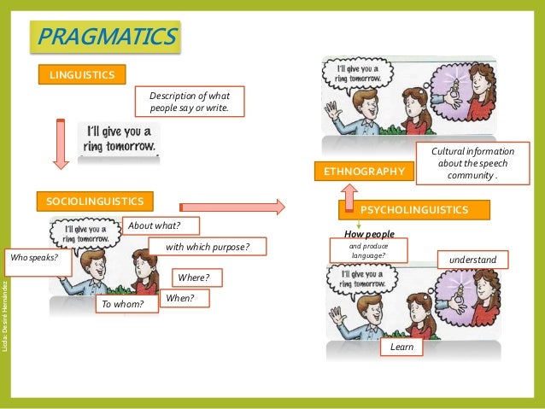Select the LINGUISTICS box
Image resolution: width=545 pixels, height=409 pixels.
coord(82,75)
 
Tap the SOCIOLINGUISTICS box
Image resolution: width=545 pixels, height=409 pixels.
coord(95,202)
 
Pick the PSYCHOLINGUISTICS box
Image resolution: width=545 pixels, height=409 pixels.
coord(414,209)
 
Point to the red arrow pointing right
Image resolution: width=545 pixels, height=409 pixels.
coord(232,206)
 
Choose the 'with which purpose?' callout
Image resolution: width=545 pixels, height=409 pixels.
coord(207,247)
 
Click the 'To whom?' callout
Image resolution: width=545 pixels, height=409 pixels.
coord(126,303)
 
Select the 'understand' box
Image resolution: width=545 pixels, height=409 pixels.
coord(472,259)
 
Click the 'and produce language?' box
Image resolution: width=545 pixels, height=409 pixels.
coord(368,250)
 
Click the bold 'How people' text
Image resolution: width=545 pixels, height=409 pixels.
coord(369,233)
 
